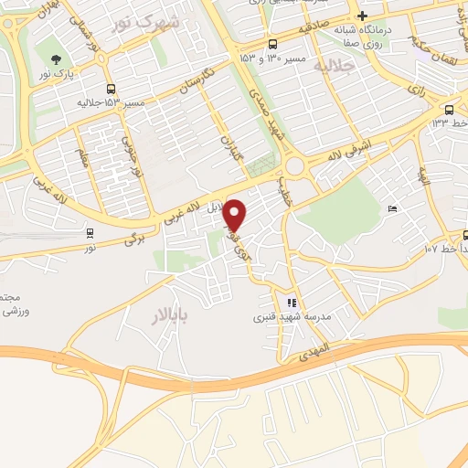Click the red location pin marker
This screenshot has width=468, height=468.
click(x=235, y=215)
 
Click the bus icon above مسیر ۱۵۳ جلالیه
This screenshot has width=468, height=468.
click(x=111, y=89)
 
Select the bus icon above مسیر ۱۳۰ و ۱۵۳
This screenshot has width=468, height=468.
click(x=272, y=44)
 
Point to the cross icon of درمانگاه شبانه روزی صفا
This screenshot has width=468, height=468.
click(x=363, y=16)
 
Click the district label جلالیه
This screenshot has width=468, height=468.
click(x=332, y=66)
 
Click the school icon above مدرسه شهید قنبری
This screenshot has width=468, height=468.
click(x=291, y=303)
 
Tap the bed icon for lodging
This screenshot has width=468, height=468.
click(x=392, y=210)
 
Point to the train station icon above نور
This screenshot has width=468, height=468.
click(x=90, y=233)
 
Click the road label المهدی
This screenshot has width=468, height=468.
click(x=312, y=351)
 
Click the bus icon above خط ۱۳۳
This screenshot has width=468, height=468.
click(x=449, y=110)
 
